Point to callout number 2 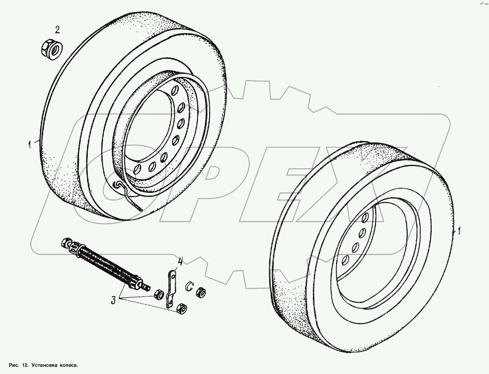click(57, 30)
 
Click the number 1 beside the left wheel click(30, 145)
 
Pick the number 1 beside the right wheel click(458, 231)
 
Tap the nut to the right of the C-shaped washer click(201, 293)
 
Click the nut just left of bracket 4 click(159, 294)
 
